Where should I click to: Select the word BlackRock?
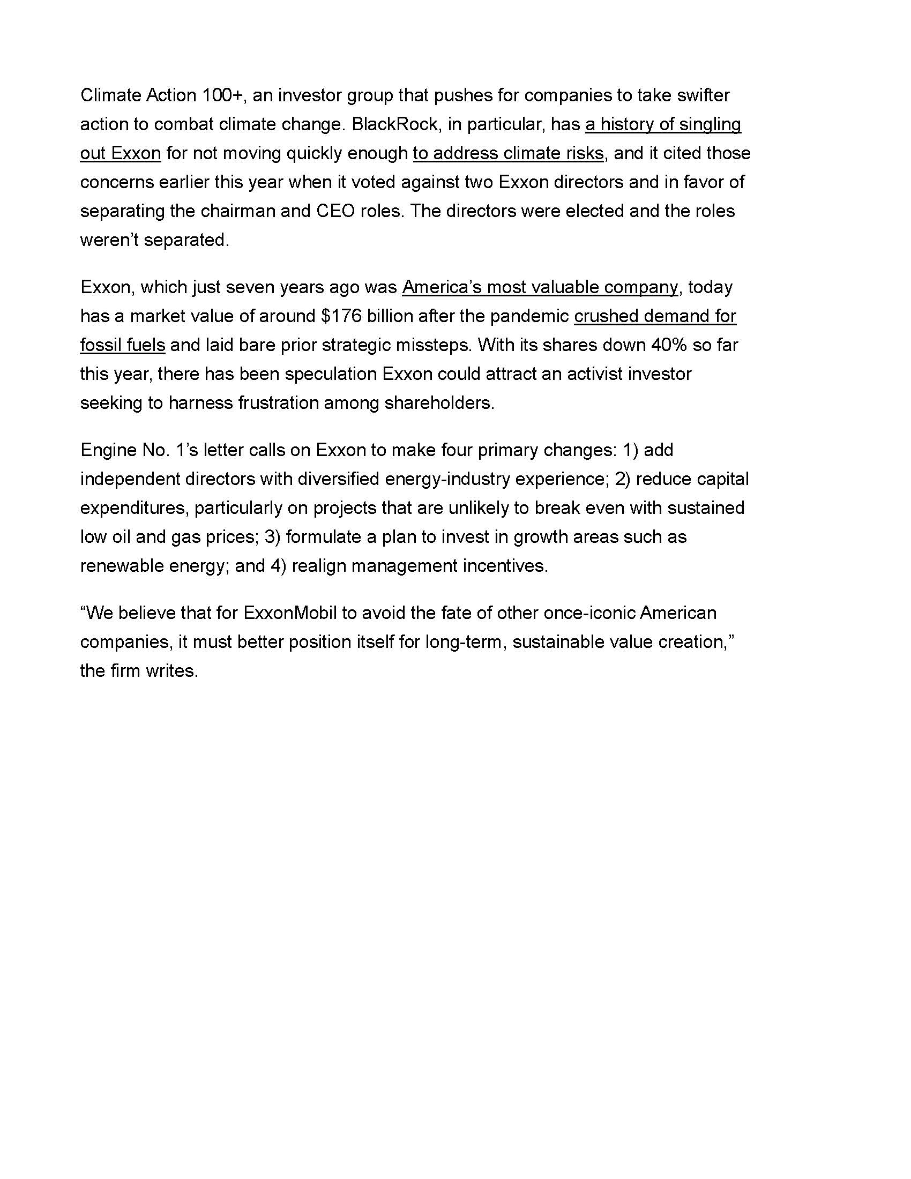pyautogui.click(x=394, y=125)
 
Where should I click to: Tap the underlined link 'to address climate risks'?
pyautogui.click(x=508, y=154)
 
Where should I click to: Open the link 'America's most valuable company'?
pyautogui.click(x=540, y=287)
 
